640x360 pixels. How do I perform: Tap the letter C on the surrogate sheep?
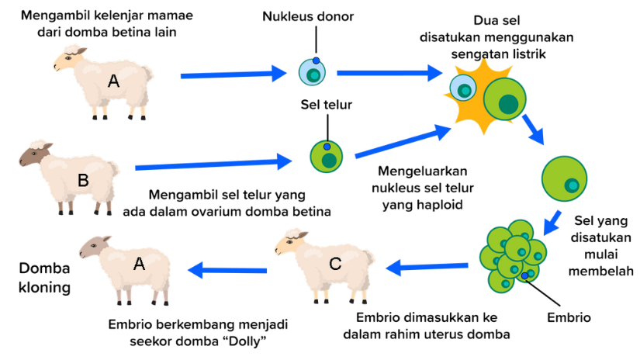tap(334, 264)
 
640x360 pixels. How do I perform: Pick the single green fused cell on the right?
tap(564, 178)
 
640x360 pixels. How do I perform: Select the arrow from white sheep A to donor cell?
tap(233, 74)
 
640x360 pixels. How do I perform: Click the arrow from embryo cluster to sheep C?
tap(427, 268)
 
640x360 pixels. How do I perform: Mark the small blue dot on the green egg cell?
tap(327, 146)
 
